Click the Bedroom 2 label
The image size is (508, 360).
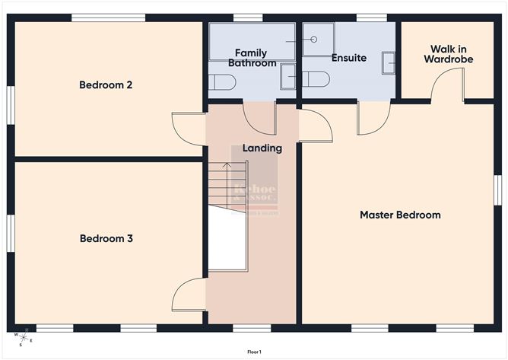[x=106, y=84]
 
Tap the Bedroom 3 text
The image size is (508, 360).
[x=106, y=238]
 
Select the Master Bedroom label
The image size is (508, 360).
[x=400, y=215]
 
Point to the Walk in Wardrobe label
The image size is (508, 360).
[x=443, y=53]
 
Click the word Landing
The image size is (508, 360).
[x=262, y=148]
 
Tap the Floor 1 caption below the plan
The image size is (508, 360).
[x=254, y=352]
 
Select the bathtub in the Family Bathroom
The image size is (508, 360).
[x=252, y=41]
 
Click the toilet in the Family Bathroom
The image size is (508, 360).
[x=222, y=81]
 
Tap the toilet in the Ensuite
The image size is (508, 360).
[x=316, y=79]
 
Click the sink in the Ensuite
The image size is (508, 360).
[x=389, y=62]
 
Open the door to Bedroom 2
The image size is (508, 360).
[x=188, y=125]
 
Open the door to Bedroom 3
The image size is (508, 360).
[x=188, y=295]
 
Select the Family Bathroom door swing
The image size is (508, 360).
[x=259, y=118]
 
